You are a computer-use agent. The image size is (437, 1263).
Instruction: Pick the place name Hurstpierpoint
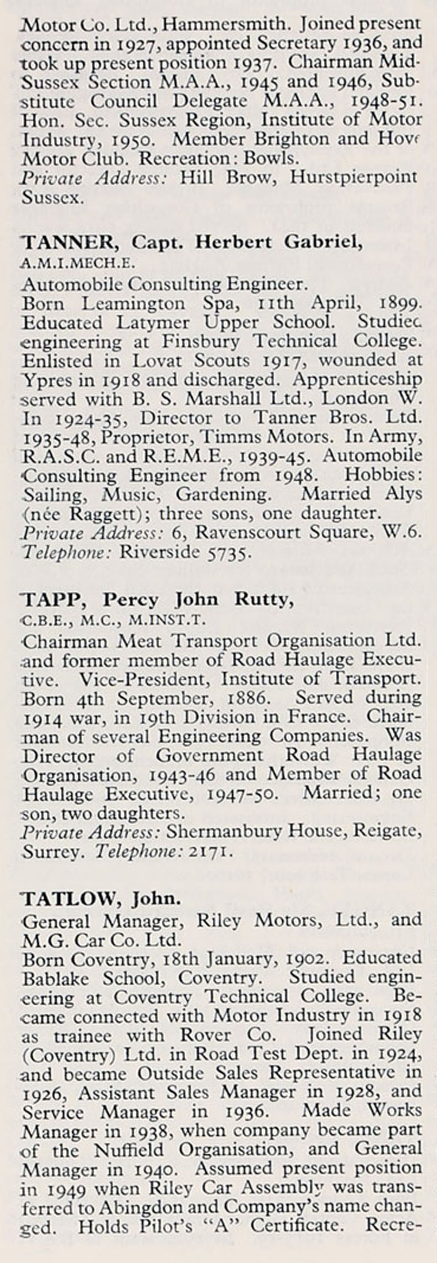click(353, 178)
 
